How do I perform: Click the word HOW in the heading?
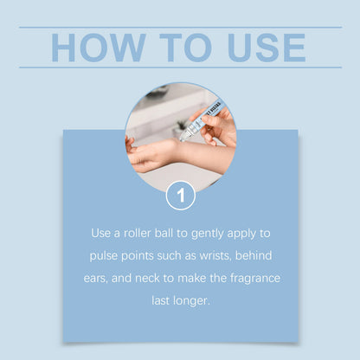point(98,48)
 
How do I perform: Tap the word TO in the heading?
point(186,48)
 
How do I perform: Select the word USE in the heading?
point(267,48)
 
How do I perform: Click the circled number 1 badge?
point(181,196)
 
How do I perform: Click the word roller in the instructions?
point(137,233)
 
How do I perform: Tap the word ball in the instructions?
point(164,233)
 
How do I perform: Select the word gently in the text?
point(208,234)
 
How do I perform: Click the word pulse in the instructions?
point(104,256)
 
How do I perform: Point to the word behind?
point(254,255)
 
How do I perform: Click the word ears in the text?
point(95,279)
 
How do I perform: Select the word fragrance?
point(255,279)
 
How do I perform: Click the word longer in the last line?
point(190,301)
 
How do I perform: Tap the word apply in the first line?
point(241,234)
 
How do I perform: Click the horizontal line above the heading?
point(181,28)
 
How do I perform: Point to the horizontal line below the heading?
point(181,67)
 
